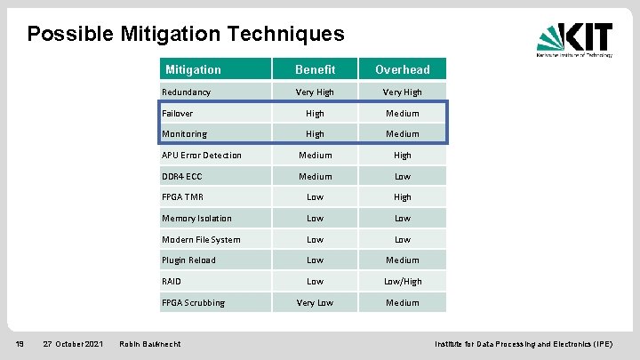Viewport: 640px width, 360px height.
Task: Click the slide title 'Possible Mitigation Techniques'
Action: [x=185, y=34]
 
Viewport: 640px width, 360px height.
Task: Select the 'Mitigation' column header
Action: [x=193, y=69]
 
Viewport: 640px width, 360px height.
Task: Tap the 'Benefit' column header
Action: [x=315, y=69]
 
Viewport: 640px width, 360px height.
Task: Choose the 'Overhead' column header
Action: [x=402, y=69]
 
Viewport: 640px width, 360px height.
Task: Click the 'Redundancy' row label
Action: [x=186, y=92]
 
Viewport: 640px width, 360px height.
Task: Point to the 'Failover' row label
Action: [x=177, y=113]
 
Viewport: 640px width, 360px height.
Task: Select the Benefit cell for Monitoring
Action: [x=315, y=134]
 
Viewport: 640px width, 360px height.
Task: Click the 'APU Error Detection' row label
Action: [x=201, y=156]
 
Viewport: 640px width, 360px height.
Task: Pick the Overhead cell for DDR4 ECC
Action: [x=402, y=176]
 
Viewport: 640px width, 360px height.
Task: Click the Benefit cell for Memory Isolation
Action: [x=315, y=219]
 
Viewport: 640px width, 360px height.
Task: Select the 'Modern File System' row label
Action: [x=200, y=239]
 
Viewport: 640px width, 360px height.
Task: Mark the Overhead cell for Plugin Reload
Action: [x=402, y=260]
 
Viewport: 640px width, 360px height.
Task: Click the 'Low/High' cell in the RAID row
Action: [x=402, y=282]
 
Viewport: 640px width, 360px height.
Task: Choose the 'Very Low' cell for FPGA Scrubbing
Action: [x=315, y=303]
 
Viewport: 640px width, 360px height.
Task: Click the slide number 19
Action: [x=18, y=343]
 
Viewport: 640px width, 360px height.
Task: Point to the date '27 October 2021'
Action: [x=73, y=343]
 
